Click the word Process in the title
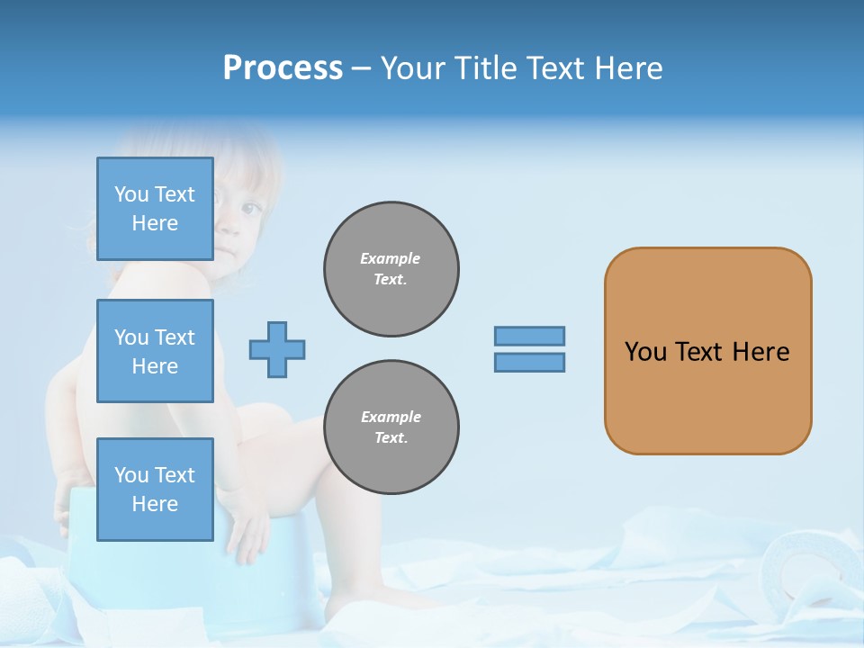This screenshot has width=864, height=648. pos(283,68)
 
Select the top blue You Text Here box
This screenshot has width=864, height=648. pos(155,209)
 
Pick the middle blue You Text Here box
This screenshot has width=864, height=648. pos(155,351)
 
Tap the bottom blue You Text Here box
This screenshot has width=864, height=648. pos(155,490)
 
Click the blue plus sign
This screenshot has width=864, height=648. pos(277,349)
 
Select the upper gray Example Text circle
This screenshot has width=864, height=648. pos(391,269)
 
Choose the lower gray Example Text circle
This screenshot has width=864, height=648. pos(391,427)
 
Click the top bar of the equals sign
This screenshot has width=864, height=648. pos(529,337)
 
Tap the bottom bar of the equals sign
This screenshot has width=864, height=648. pos(529,363)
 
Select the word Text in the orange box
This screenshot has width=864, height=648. pos(700,352)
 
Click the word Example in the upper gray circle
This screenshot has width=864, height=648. pos(391,258)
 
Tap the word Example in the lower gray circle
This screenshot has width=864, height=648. pos(391,417)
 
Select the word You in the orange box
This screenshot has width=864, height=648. pos(646,352)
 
